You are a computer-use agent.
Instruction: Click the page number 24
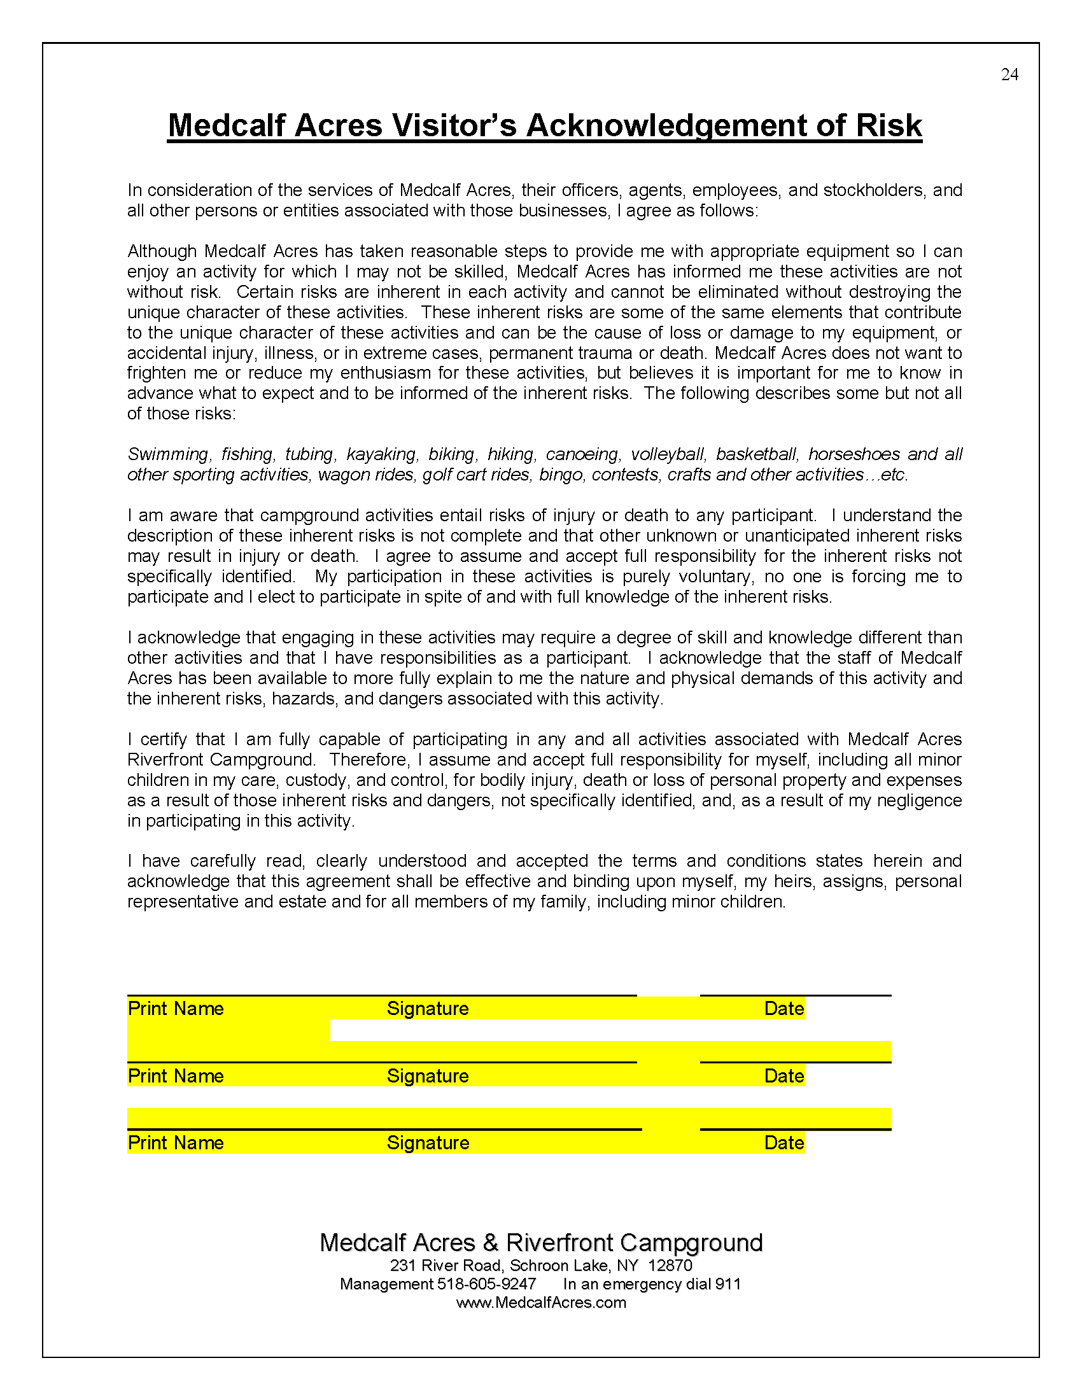1009,75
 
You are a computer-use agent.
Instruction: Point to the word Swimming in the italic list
168,454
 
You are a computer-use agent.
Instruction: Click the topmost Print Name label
176,1009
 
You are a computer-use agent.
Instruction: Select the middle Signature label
428,1076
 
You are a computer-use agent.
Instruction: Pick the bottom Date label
784,1143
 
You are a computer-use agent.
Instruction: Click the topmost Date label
784,1009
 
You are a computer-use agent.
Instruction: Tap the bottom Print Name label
176,1143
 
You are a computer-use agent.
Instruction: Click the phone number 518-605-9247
486,1285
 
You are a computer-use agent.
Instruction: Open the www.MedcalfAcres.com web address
541,1303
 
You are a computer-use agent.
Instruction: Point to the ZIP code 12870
670,1266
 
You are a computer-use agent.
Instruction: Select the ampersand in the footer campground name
490,1243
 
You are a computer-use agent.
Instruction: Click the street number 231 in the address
402,1266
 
